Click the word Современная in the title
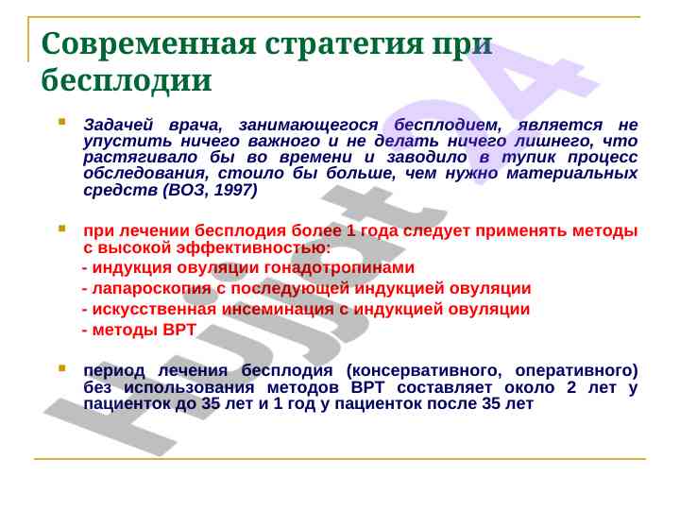148,43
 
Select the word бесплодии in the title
127,79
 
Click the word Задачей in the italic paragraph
118,126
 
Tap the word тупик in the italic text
528,158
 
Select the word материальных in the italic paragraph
572,174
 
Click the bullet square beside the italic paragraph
62,122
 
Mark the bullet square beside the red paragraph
62,229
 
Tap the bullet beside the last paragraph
62,368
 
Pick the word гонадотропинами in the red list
339,268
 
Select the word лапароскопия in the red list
152,289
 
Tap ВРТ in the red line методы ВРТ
179,330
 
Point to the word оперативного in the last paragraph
576,371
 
